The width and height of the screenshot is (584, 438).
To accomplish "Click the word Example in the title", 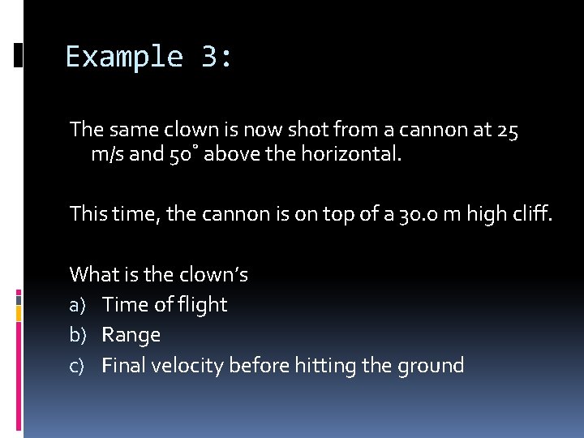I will (124, 57).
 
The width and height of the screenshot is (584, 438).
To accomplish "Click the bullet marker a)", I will (79, 305).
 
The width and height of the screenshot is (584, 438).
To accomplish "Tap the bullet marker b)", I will (79, 335).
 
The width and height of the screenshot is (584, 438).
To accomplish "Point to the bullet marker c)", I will (78, 366).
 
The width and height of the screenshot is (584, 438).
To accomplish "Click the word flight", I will (202, 305).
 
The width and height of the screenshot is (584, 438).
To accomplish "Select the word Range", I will (131, 335).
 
